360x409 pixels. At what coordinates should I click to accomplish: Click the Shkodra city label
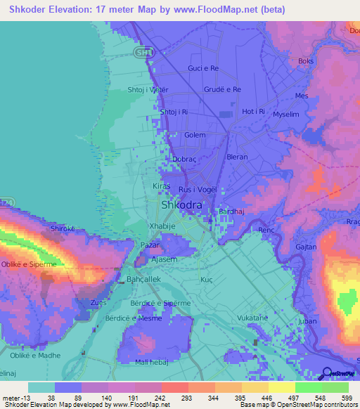tap(182, 205)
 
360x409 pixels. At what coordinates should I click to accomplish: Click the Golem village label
tap(195, 135)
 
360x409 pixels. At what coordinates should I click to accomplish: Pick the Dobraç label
tap(181, 160)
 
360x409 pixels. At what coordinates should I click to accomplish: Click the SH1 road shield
tap(144, 53)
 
